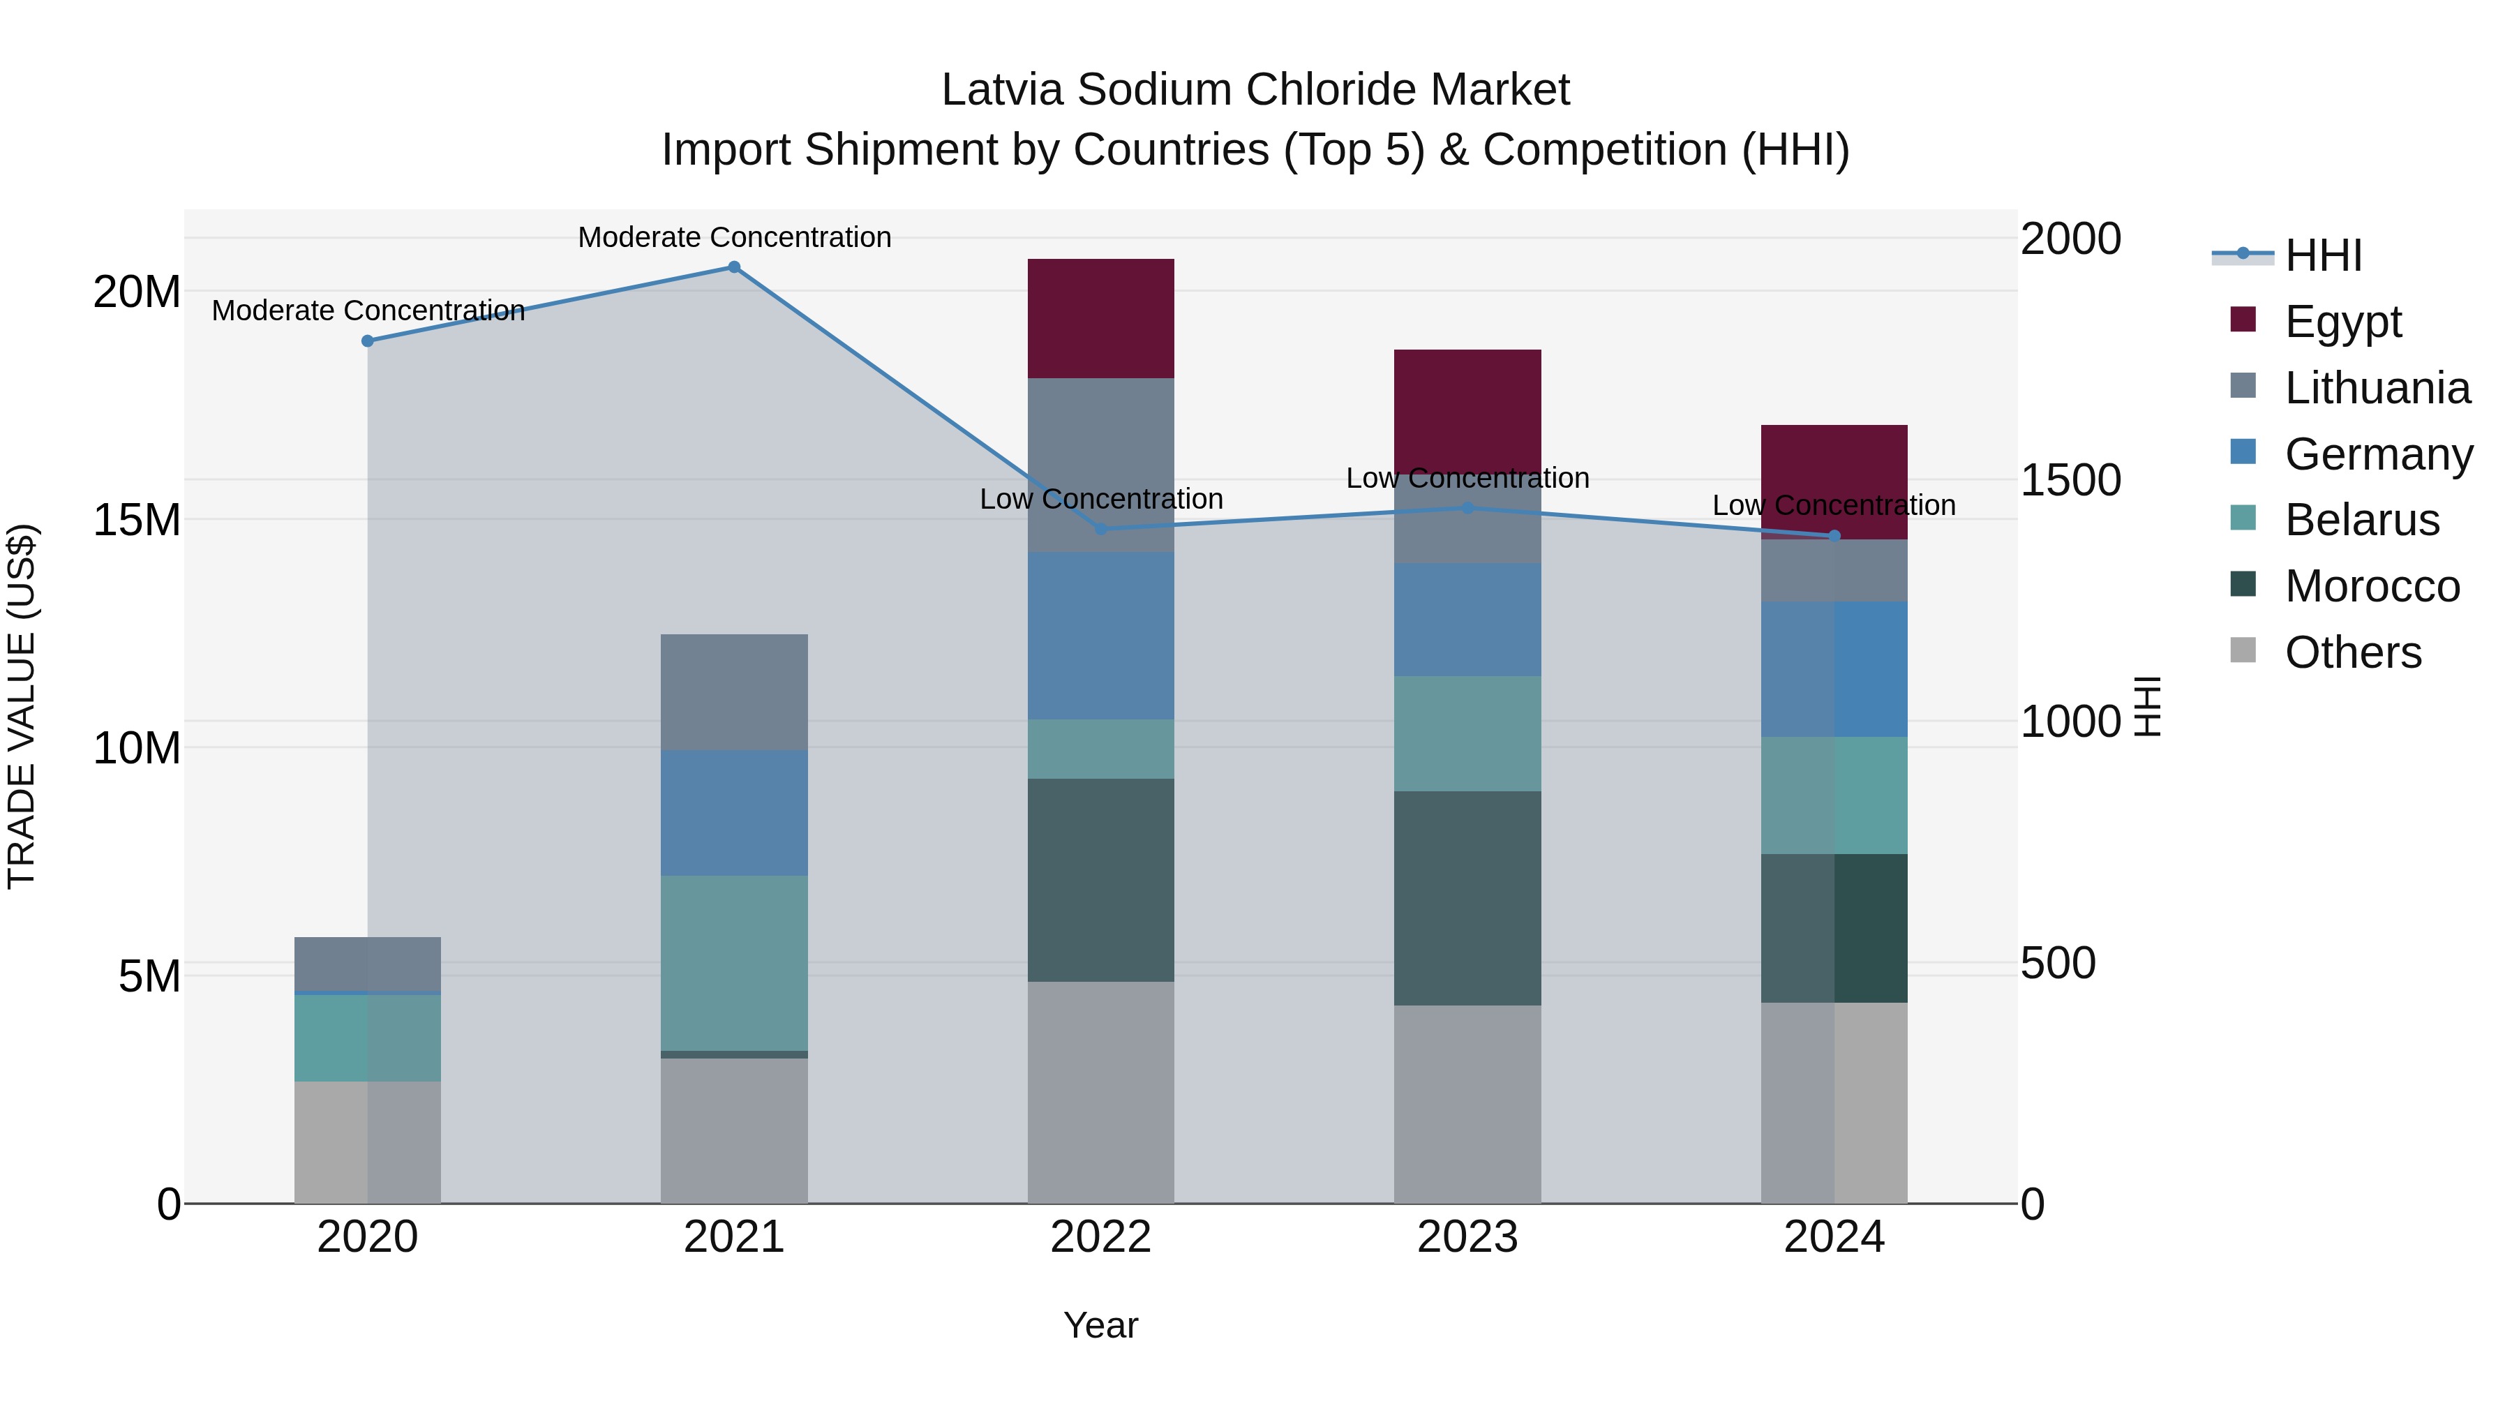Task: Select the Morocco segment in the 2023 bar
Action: click(x=1467, y=897)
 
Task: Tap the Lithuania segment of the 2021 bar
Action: click(x=733, y=691)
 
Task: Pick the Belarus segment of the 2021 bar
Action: click(x=733, y=962)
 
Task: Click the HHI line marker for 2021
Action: click(x=734, y=267)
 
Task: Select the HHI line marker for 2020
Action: click(x=368, y=341)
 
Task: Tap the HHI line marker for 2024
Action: click(x=1834, y=535)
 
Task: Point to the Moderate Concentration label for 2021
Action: click(x=734, y=237)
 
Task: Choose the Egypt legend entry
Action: click(x=2342, y=321)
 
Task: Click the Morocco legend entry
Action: click(x=2372, y=586)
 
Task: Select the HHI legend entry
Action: click(x=2323, y=255)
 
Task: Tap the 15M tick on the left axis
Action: click(x=137, y=520)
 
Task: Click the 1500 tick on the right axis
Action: click(x=2070, y=480)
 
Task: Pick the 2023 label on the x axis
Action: click(x=1467, y=1237)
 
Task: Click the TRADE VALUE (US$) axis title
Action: click(x=22, y=706)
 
